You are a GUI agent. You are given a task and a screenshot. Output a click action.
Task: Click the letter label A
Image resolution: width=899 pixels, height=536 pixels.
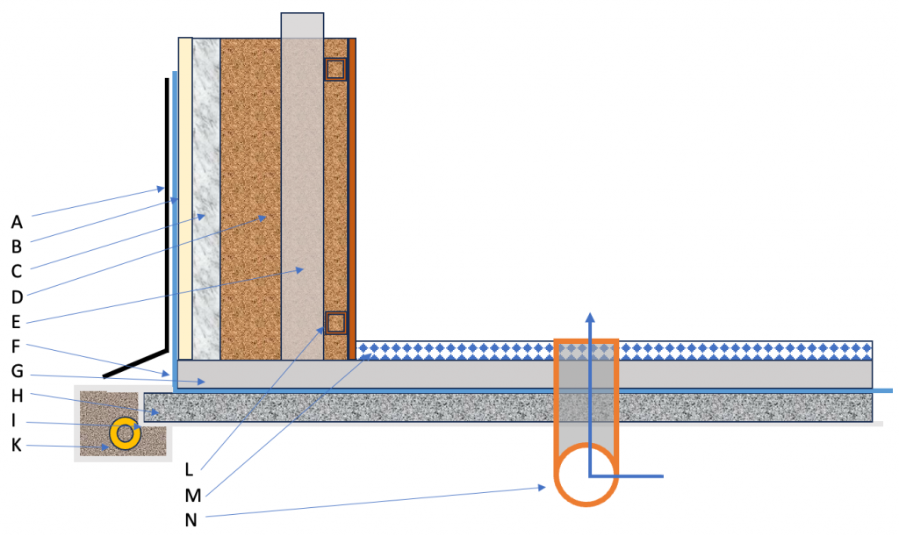coord(18,221)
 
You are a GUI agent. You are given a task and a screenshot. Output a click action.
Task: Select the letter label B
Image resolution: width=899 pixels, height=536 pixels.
coord(18,247)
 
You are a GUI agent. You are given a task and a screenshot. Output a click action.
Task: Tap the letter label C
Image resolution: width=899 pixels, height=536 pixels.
coord(18,272)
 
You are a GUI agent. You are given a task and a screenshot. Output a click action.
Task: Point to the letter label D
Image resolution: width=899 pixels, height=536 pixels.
coord(18,297)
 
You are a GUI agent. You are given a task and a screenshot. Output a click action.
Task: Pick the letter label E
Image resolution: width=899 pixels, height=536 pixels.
coord(18,322)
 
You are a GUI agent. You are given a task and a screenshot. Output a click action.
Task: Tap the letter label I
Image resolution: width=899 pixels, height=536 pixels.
coord(15,421)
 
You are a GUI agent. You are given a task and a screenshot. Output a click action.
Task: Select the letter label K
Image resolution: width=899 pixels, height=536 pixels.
coord(18,447)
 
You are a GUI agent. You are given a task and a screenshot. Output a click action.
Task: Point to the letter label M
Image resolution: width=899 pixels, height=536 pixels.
coord(193,494)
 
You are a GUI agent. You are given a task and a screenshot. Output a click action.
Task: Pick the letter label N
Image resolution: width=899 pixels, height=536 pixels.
coord(193,519)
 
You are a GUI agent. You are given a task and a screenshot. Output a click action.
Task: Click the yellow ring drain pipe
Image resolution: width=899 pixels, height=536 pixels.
coord(124,432)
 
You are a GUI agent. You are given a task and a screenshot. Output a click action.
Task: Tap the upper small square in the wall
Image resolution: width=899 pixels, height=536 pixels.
coord(335,69)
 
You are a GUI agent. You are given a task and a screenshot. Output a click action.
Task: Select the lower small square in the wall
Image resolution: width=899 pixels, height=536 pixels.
coord(335,323)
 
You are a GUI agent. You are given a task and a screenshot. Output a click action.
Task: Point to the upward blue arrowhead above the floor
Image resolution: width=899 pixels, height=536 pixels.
coord(590,318)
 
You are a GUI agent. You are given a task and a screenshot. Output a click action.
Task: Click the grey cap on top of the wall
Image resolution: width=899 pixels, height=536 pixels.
coord(302,25)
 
